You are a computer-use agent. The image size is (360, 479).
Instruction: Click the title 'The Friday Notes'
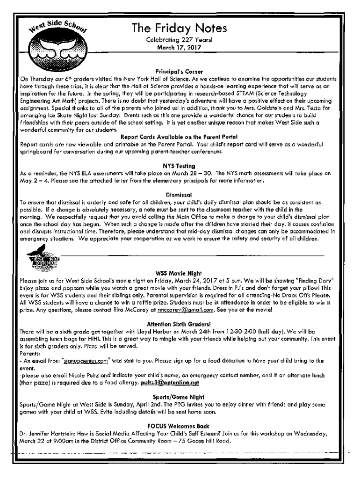[x=180, y=29]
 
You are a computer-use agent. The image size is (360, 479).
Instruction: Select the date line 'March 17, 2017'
[x=180, y=47]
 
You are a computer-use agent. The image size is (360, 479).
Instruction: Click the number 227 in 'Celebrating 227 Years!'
[x=182, y=40]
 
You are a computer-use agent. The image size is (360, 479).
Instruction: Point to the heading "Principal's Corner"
[x=180, y=71]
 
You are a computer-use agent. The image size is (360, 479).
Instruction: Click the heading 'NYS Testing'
[x=180, y=166]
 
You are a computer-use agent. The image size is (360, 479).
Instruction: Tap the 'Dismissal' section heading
[x=180, y=194]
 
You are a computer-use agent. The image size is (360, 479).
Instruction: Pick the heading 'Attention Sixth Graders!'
[x=180, y=323]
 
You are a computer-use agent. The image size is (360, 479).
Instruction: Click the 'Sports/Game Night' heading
[x=180, y=397]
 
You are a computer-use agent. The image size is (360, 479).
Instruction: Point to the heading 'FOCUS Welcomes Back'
[x=180, y=426]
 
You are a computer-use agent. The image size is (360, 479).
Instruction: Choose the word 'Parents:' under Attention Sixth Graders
[x=30, y=354]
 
